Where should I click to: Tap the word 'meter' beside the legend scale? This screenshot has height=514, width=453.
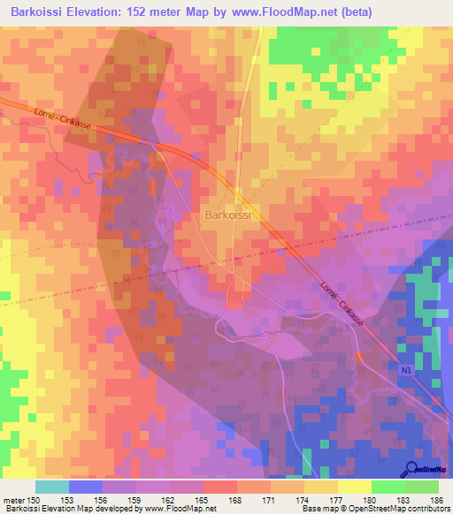(13, 500)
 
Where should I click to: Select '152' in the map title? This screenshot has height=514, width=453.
(152, 11)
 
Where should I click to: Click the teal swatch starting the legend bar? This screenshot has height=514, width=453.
(52, 487)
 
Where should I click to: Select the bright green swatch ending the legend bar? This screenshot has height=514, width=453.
(422, 487)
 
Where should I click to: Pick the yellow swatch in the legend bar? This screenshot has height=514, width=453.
(355, 487)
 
